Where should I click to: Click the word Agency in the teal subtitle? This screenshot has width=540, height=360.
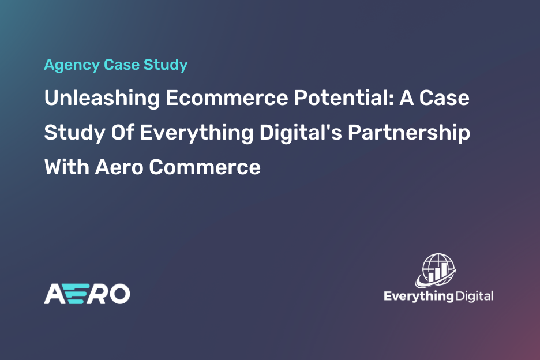point(72,65)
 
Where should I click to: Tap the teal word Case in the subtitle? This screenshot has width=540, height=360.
point(122,65)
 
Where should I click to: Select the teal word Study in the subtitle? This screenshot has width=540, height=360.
point(166,65)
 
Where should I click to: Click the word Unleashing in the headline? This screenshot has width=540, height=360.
point(102,99)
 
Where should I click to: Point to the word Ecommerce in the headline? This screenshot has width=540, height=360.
point(227,98)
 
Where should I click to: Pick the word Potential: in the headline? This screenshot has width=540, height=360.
point(344,97)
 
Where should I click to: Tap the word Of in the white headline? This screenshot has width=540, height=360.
point(122,133)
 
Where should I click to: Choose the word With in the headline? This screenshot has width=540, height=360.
point(67,167)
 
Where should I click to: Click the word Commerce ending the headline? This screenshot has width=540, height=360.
point(205,167)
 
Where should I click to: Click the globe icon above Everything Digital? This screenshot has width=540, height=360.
point(436,271)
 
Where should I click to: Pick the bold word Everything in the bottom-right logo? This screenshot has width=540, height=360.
point(419,297)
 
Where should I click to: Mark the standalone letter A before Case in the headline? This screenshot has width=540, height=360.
point(406,98)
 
